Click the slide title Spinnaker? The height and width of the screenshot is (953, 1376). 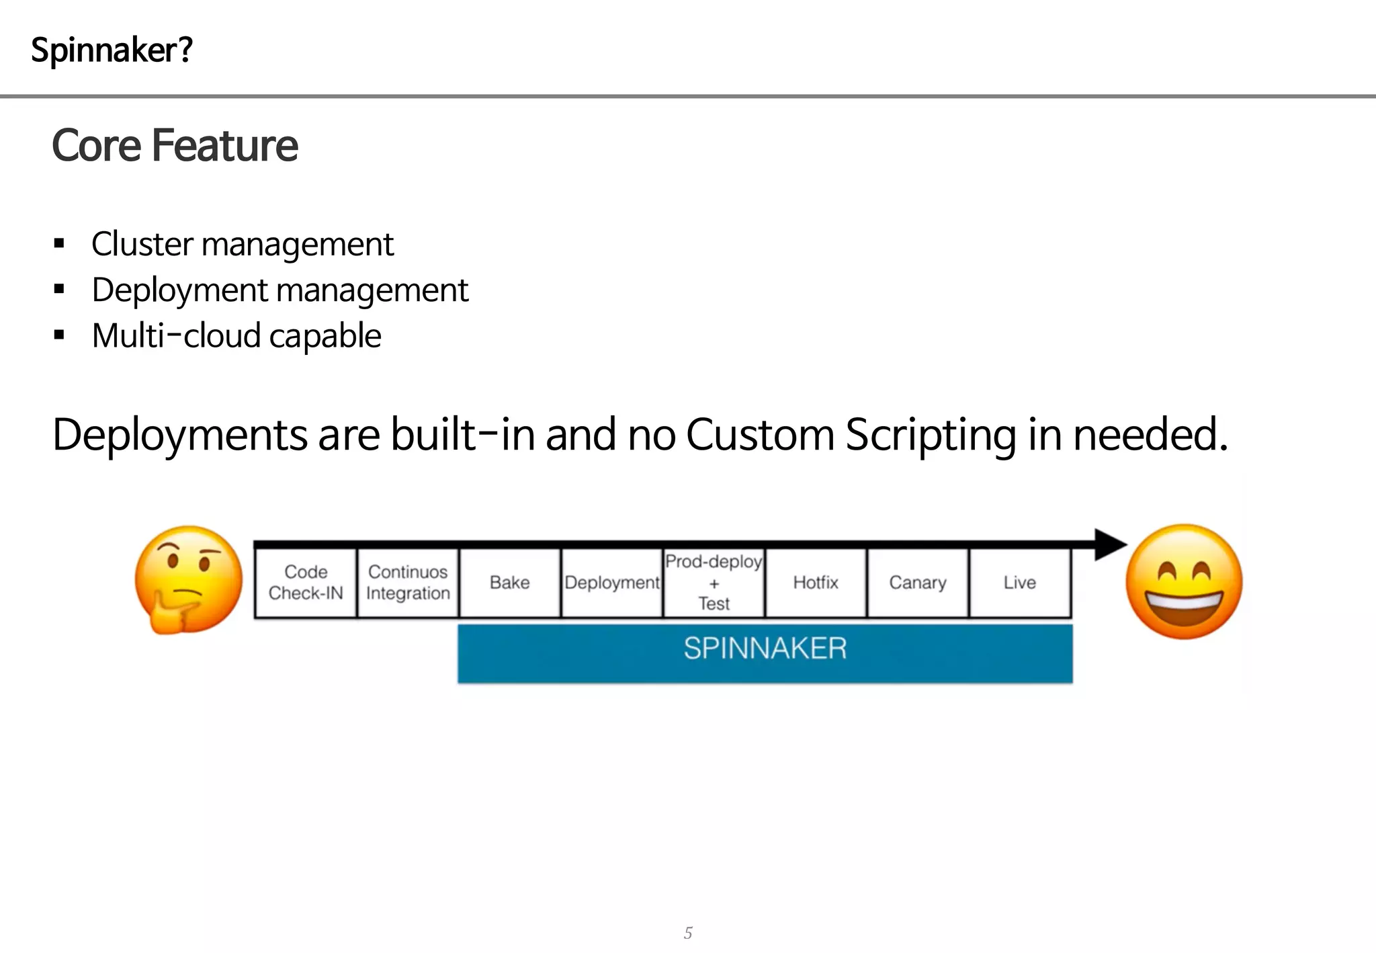click(112, 50)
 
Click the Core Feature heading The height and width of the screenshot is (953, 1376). click(175, 145)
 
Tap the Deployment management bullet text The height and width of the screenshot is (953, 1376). click(279, 290)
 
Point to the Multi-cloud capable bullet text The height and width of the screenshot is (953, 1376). click(236, 336)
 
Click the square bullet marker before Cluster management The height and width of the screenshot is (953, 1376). click(59, 243)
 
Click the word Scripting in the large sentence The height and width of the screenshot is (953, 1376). click(931, 436)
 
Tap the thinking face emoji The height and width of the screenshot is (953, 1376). click(188, 579)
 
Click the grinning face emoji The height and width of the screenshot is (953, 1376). click(1184, 581)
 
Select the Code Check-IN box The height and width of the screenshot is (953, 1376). click(306, 583)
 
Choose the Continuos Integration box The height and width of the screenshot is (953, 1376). click(408, 583)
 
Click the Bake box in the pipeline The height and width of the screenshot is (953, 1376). click(510, 583)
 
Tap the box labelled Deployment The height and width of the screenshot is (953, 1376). click(612, 583)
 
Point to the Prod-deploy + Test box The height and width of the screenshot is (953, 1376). click(714, 583)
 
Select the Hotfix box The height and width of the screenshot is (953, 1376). click(816, 583)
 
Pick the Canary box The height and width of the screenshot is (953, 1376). click(918, 583)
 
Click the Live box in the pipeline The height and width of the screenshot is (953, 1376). click(1020, 583)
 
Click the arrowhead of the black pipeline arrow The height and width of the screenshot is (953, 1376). click(1110, 544)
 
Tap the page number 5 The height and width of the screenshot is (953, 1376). click(688, 933)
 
